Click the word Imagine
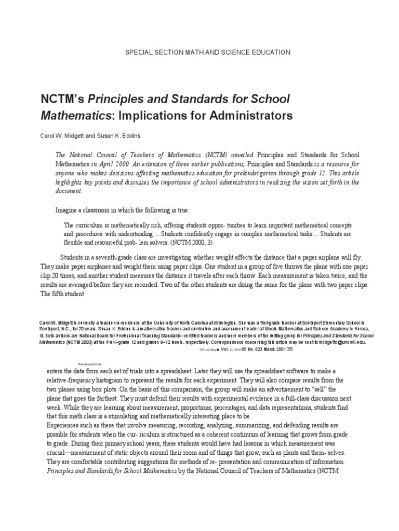[x=68, y=211]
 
